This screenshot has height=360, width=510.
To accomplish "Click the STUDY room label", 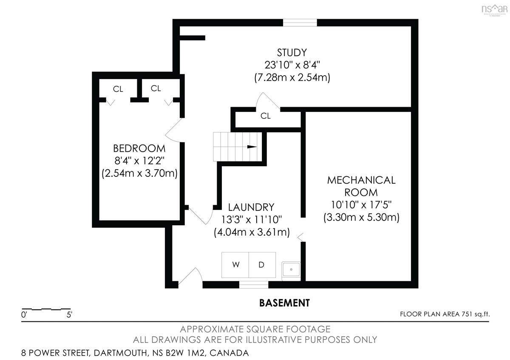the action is tap(292, 53).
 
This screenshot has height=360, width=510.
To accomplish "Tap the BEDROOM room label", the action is tap(139, 148).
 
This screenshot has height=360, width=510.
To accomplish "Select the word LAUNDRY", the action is tap(251, 207).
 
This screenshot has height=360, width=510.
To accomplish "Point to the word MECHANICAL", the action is tap(361, 180).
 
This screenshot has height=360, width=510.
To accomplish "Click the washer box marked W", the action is tap(235, 265).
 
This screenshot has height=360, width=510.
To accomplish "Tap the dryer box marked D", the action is tap(262, 265).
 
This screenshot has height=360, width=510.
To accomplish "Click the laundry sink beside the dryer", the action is tap(291, 269).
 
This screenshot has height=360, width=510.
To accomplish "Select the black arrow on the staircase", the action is tap(252, 147).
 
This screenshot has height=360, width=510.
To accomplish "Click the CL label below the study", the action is tap(266, 116).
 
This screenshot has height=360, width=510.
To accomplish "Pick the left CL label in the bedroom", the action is tap(118, 89).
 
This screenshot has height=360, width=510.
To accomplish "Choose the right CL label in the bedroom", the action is tap(156, 88).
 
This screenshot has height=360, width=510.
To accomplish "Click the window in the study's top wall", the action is tap(300, 23).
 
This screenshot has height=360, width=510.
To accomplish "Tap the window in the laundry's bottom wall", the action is tap(254, 285).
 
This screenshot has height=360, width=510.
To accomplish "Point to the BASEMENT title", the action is tap(284, 303).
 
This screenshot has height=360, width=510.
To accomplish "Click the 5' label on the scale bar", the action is tap(69, 315).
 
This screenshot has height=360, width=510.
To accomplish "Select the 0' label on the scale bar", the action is tap(24, 315).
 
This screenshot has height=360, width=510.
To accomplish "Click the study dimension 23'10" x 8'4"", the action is tap(292, 65).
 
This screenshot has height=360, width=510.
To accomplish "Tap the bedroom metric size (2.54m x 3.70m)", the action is tap(139, 173).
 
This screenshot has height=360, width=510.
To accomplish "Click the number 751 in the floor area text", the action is tap(467, 314).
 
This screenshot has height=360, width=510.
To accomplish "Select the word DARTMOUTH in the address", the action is tap(120, 353).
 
